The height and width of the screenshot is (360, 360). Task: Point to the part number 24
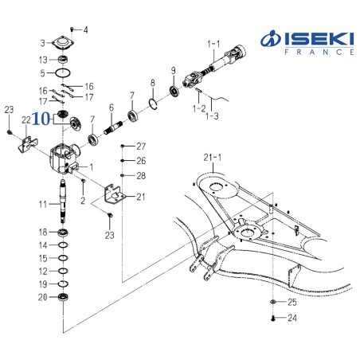pos(292,319)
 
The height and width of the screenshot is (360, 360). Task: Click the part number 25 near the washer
pos(292,303)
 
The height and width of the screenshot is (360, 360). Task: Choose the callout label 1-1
pos(213,41)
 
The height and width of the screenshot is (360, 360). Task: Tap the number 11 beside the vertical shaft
pos(45,205)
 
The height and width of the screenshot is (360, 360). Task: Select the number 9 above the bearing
pos(173,71)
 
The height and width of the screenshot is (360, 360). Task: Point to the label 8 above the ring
pos(152,83)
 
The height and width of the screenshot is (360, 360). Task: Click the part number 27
pos(141,147)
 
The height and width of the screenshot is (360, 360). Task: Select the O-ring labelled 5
pos(65,73)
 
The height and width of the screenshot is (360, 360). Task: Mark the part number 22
pos(26,119)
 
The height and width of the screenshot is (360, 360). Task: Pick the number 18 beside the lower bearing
pos(45,231)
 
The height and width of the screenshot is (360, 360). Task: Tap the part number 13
pos(44,60)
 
